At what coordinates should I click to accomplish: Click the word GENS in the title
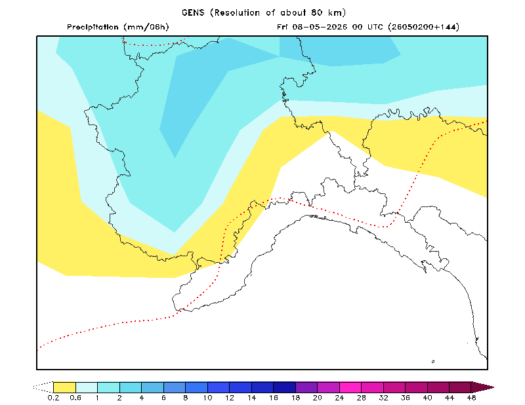[x=193, y=12]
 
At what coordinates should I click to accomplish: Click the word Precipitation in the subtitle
[x=93, y=27]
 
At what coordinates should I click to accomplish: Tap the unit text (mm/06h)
[x=146, y=27]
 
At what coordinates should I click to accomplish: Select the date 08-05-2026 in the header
[x=320, y=27]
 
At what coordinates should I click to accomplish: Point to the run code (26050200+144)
[x=423, y=27]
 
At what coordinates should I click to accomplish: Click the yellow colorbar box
[x=64, y=387]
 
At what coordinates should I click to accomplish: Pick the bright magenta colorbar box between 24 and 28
[x=350, y=387]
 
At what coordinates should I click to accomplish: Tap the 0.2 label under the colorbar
[x=53, y=398]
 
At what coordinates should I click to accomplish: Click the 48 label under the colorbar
[x=471, y=398]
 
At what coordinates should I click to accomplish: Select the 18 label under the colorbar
[x=295, y=398]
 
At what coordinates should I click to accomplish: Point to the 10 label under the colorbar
[x=207, y=398]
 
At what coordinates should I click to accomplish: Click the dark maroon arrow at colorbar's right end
[x=482, y=387]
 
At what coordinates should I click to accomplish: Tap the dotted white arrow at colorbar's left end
[x=43, y=387]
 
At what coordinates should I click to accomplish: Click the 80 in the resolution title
[x=316, y=12]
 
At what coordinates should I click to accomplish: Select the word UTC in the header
[x=375, y=27]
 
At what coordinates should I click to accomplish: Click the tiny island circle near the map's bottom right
[x=433, y=362]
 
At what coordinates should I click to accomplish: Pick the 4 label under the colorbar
[x=142, y=398]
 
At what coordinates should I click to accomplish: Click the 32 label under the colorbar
[x=383, y=398]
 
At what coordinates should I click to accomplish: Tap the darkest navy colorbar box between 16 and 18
[x=285, y=387]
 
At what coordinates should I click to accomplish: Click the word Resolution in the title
[x=237, y=12]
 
